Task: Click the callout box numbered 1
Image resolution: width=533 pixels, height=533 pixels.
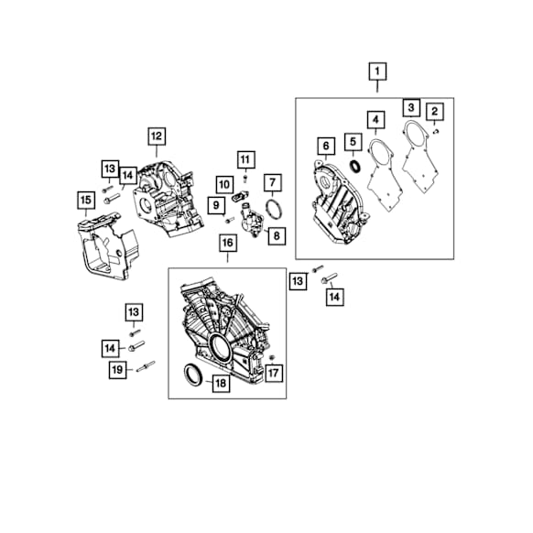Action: tap(377, 71)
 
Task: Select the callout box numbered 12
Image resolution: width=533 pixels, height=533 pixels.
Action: tap(157, 136)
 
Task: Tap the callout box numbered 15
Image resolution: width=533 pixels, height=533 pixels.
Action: tap(86, 201)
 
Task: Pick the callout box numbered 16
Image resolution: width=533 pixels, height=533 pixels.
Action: tap(227, 243)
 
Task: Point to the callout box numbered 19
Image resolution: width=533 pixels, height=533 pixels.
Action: tap(117, 369)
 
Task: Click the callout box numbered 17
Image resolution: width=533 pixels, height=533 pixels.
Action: tap(273, 374)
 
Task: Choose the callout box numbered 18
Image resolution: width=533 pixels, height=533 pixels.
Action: tap(221, 384)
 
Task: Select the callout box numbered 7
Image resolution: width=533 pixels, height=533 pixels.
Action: tap(273, 183)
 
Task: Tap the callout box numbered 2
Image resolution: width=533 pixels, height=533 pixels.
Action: tap(434, 111)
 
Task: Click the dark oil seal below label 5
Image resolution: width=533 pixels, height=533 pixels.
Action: tap(356, 167)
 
